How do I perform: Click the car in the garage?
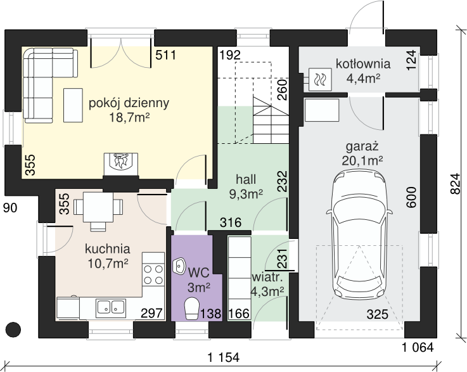(359, 236)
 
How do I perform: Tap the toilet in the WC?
(192, 308)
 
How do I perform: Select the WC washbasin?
(179, 266)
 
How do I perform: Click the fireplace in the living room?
(120, 165)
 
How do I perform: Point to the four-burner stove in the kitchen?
(153, 274)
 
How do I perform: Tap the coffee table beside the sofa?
(73, 105)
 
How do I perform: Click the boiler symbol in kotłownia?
(320, 79)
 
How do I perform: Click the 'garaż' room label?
(362, 147)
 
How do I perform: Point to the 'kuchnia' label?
(108, 248)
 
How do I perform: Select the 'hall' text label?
(246, 179)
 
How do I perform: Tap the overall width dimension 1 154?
(224, 357)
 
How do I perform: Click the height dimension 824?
(455, 184)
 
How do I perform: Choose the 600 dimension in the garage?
(411, 197)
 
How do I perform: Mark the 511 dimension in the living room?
(166, 55)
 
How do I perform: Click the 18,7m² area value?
(129, 118)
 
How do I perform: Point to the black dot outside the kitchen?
(13, 330)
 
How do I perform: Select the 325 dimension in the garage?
(378, 314)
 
